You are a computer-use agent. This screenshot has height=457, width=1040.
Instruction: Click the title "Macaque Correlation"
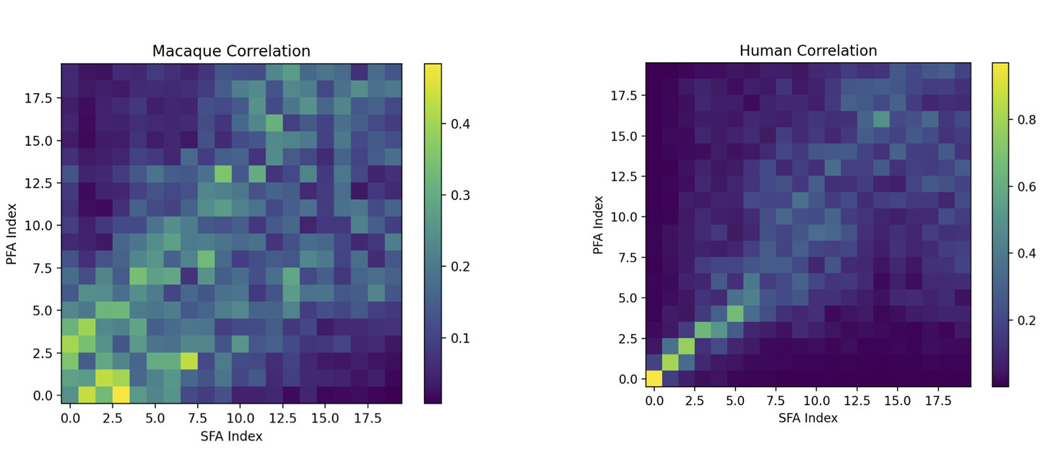coord(231,51)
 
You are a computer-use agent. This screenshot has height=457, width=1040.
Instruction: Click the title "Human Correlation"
coord(808,51)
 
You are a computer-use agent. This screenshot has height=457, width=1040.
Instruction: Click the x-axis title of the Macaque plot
coord(231,436)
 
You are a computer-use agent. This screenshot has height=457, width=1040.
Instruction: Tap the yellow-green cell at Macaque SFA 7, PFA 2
coord(188,361)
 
